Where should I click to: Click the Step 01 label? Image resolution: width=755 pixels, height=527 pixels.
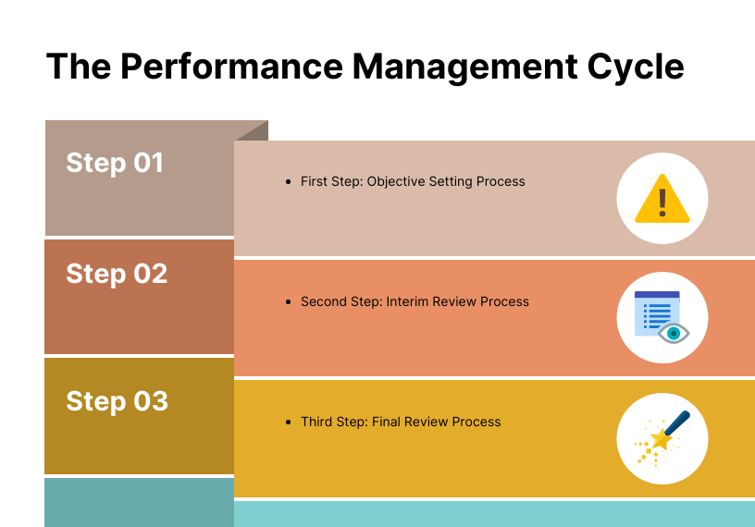[115, 163]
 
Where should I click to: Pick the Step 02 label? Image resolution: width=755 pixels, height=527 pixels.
[117, 274]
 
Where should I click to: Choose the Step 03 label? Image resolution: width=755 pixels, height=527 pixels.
[117, 401]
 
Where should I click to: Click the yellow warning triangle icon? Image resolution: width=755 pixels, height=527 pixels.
[662, 200]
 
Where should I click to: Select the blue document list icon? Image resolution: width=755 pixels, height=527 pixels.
[654, 313]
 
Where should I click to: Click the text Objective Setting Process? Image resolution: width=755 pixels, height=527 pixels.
[446, 182]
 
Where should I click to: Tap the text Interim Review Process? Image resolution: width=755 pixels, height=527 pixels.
[458, 302]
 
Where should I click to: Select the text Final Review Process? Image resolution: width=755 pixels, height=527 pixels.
[436, 423]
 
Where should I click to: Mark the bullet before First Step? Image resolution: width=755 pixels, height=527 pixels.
[290, 182]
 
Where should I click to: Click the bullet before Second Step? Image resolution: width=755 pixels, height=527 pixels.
[290, 302]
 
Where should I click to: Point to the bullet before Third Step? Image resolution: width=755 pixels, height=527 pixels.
[290, 423]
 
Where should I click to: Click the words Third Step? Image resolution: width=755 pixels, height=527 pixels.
[333, 423]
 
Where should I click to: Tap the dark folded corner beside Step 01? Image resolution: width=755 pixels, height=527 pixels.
[255, 131]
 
